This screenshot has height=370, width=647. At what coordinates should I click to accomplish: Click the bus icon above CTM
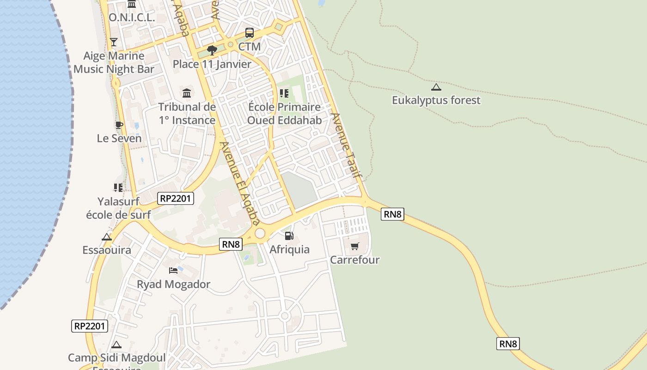coord(250,33)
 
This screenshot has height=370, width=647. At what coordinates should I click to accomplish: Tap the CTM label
coord(250,47)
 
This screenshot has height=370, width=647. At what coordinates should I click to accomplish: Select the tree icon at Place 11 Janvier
coord(212,50)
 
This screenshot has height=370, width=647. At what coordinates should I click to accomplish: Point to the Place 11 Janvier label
coord(212,64)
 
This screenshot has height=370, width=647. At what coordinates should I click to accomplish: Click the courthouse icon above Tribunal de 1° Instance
coord(187,93)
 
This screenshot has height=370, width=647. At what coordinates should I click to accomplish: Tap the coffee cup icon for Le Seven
coord(119,125)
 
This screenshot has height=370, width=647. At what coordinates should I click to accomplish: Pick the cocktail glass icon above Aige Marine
coord(114,42)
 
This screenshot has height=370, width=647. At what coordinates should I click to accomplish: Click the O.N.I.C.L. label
coord(132,18)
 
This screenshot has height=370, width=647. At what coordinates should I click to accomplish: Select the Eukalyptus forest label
coord(436,100)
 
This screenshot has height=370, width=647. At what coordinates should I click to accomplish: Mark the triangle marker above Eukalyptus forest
coord(436,87)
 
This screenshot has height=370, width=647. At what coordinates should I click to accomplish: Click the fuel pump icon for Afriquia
coord(289,236)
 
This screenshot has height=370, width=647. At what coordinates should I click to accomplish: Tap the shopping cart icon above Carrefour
coord(354,246)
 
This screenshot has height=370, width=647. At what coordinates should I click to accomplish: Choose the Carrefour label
coord(354,259)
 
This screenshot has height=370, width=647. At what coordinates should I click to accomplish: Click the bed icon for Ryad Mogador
coord(173,271)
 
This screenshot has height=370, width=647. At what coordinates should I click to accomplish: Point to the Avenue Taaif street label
coord(346,146)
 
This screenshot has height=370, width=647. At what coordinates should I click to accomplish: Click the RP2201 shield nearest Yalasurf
coord(175,198)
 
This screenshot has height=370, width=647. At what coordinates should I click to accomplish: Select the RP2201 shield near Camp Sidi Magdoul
coord(90,326)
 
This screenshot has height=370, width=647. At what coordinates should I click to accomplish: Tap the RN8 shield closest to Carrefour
coord(392,214)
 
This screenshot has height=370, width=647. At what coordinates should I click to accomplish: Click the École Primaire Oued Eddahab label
coord(284,114)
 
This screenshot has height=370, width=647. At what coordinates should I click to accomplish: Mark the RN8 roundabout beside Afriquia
coord(260,234)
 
